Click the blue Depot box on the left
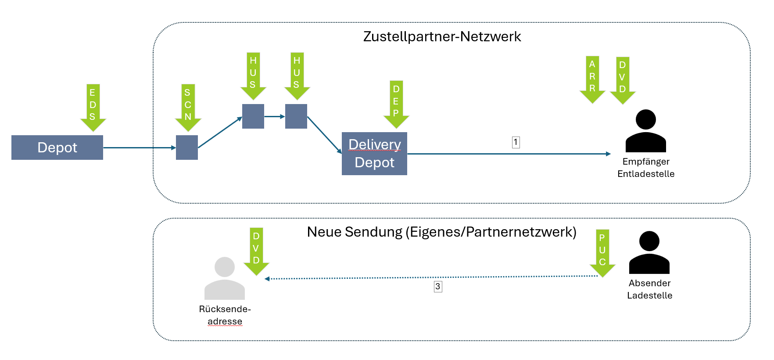click(57, 148)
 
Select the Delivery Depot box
click(374, 154)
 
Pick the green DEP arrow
click(396, 104)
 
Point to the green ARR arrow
click(592, 79)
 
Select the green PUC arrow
click(602, 252)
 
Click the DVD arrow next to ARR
click(623, 80)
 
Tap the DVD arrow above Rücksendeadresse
click(256, 251)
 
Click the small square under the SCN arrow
click(187, 148)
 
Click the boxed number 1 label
click(516, 142)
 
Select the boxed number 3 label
click(438, 287)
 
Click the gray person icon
click(225, 279)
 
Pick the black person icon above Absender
click(649, 252)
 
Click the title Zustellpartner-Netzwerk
click(442, 36)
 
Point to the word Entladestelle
click(645, 174)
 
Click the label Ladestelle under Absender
click(649, 295)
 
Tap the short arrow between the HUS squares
click(275, 116)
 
